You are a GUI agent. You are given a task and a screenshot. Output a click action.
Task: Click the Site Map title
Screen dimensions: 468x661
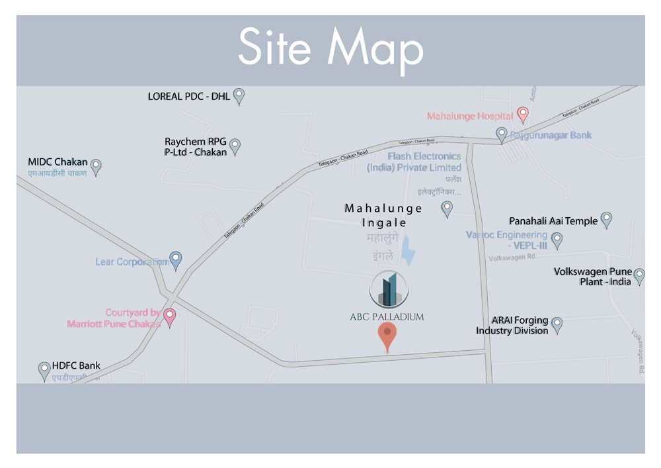point(330,48)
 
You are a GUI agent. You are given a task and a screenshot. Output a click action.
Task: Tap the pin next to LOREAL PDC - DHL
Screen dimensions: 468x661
point(239,97)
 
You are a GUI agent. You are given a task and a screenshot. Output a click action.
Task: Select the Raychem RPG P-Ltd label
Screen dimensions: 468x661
point(196,147)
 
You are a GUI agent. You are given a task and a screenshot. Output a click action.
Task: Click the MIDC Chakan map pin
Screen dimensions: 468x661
point(96,167)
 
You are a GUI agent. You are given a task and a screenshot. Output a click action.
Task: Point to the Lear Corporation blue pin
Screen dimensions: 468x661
point(175,260)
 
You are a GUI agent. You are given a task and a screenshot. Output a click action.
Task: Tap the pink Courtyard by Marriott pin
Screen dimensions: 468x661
point(169,317)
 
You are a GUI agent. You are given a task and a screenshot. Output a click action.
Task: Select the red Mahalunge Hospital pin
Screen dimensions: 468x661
point(522,115)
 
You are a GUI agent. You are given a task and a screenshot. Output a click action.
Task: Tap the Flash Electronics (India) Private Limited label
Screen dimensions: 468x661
point(414,162)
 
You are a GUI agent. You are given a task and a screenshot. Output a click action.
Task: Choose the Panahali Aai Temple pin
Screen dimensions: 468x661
point(606,220)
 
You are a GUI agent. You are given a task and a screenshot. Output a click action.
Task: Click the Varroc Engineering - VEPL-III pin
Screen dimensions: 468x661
point(557,240)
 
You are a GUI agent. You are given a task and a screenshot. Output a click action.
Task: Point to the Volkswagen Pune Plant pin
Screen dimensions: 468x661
point(639,276)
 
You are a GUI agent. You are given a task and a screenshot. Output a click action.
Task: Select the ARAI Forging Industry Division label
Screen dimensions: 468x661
point(512,326)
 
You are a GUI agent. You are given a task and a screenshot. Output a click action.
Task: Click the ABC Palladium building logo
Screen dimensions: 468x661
point(389,290)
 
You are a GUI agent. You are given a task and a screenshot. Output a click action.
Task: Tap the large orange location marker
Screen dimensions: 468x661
point(387,336)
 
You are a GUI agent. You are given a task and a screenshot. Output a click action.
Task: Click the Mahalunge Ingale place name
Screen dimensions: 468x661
point(383,215)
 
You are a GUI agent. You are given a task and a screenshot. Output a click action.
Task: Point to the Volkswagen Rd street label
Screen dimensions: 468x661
point(512,257)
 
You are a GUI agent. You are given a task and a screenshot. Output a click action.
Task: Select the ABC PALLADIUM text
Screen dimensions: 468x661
point(387,317)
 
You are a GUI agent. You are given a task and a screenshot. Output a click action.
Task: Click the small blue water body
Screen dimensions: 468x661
point(410,252)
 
